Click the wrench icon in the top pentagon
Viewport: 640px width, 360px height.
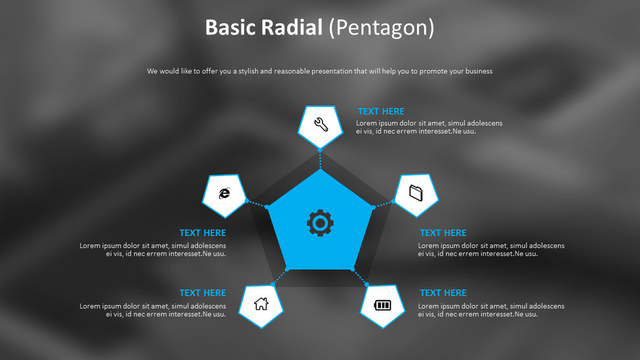(321, 124)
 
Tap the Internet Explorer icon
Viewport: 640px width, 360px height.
(224, 193)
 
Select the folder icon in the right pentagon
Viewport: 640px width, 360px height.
(416, 192)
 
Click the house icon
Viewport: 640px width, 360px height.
(261, 303)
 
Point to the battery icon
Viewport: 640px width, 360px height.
(383, 304)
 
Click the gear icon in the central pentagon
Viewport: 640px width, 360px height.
(320, 223)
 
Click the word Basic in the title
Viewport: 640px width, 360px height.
(231, 28)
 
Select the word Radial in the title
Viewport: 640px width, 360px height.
(292, 28)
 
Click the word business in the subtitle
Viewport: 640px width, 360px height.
(476, 71)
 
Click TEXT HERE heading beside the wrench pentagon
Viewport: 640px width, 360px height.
(381, 111)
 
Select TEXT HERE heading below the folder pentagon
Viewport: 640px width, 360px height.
(443, 233)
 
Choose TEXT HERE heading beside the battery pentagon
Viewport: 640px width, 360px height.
(443, 293)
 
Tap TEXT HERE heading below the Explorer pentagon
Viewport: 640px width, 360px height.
(203, 233)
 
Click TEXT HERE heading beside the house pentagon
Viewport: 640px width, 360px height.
(203, 293)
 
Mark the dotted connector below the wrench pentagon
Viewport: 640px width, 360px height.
(320, 159)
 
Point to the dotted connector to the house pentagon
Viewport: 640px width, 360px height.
(279, 276)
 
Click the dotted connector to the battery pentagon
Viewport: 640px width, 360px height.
(360, 276)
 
